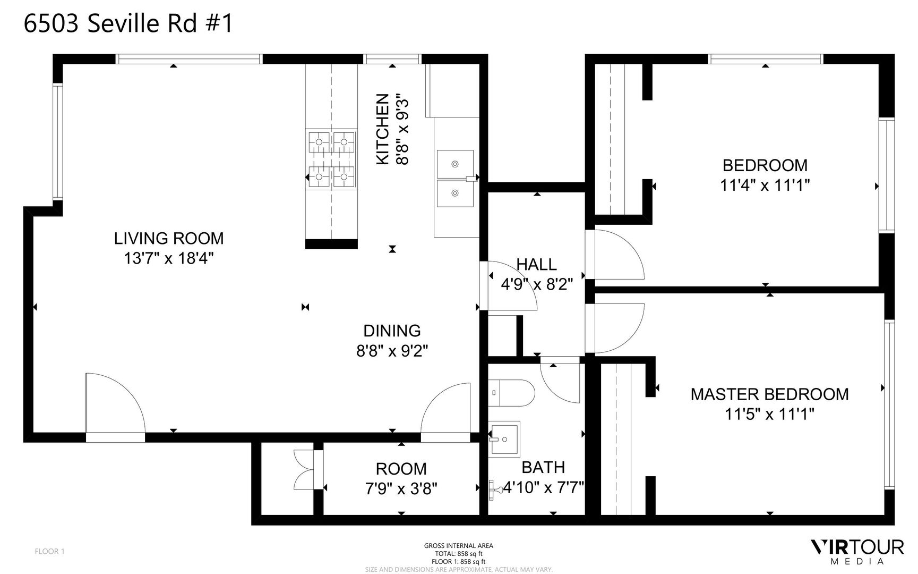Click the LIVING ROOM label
(169, 238)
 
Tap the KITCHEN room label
(383, 129)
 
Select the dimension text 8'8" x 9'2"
(392, 351)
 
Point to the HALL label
(536, 264)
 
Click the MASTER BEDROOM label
(769, 394)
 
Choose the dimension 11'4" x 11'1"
(765, 185)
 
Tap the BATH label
(543, 467)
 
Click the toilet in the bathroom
(511, 393)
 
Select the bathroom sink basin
(504, 440)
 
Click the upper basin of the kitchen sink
(456, 164)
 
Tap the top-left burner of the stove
(320, 142)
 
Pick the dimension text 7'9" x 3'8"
(401, 488)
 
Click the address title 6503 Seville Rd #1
(128, 24)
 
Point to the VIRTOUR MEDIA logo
(857, 552)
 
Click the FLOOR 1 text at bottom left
(49, 551)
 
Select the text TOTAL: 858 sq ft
(459, 553)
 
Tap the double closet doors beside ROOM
(305, 470)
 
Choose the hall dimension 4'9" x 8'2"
(537, 284)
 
